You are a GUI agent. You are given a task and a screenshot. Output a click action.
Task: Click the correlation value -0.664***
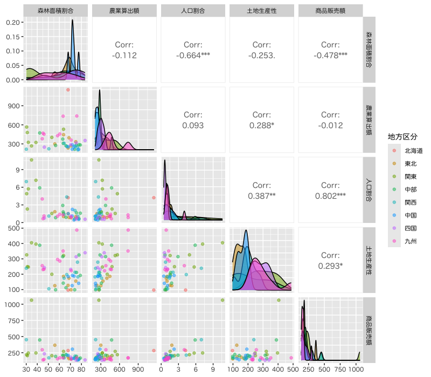tap(193, 55)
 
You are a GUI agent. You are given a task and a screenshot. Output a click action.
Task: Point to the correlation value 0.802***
tap(330, 196)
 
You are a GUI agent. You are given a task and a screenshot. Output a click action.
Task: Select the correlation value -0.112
tap(124, 55)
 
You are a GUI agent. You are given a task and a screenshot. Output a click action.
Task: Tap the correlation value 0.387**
tap(262, 196)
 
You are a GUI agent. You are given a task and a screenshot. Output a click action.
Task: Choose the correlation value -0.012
tap(330, 125)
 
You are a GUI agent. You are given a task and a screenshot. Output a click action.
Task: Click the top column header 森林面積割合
tap(55, 11)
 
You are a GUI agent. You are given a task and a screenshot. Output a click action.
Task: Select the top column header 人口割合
tap(193, 11)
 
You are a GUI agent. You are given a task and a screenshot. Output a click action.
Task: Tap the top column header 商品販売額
tap(330, 11)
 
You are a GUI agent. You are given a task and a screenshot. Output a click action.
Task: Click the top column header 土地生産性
tap(262, 11)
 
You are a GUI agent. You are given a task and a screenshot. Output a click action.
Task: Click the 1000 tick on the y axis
tap(13, 304)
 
